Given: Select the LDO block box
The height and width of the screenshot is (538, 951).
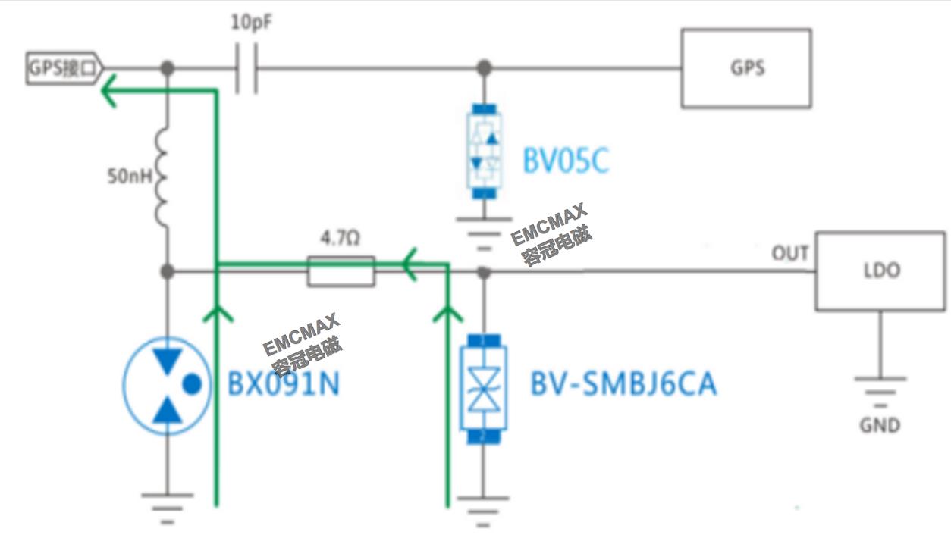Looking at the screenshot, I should pos(880,271).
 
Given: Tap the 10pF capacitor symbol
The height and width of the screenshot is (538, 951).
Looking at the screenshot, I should pos(246,69).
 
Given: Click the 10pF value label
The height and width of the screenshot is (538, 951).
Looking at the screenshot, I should pos(251,23).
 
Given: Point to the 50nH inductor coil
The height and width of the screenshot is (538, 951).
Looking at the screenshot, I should pos(165,179).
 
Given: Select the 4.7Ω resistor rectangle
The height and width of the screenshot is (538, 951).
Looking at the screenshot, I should pos(341,271).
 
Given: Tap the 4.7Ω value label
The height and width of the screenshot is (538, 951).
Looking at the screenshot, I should pos(341,239).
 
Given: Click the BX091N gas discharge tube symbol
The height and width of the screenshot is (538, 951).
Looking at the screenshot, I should pos(168,385).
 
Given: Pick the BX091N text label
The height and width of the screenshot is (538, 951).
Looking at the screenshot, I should pos(284,385).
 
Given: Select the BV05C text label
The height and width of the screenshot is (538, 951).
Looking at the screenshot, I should pos(565,161).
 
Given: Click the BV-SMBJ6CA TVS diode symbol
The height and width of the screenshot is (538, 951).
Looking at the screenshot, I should pos(483,386).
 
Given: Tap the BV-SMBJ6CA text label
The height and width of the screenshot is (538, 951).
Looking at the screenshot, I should pos(623,385).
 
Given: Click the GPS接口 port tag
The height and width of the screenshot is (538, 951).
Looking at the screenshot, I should pos(64,69).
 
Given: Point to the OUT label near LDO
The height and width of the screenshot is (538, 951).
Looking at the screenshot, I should pos(789,253).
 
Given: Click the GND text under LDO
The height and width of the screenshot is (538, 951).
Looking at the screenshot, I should pos(880,425).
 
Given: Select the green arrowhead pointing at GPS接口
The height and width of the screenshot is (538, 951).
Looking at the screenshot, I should pos(110,90).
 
